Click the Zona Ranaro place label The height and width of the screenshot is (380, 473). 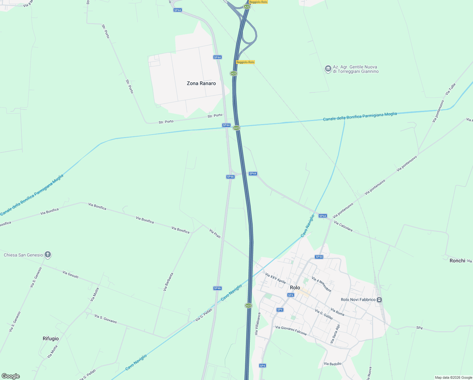click(x=201, y=83)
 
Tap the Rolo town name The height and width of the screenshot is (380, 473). click(x=295, y=288)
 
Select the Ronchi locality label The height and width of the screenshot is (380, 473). click(x=457, y=261)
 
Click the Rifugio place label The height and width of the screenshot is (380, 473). click(x=51, y=339)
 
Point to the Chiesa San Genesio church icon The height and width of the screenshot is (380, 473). click(x=48, y=255)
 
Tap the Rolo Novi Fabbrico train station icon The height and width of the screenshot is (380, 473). click(x=379, y=300)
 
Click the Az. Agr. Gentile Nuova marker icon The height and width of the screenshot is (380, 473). click(x=328, y=69)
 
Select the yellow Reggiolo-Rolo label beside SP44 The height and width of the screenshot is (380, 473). click(x=245, y=62)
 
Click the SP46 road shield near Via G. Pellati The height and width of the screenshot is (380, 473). click(x=218, y=288)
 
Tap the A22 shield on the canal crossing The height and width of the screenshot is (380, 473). click(x=236, y=128)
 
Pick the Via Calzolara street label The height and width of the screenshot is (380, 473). click(x=343, y=226)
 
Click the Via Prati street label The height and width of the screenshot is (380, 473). click(x=215, y=234)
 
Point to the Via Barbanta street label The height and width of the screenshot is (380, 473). click(x=168, y=282)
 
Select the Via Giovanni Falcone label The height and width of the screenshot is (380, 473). click(x=291, y=330)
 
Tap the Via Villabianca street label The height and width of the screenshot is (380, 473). click(x=258, y=324)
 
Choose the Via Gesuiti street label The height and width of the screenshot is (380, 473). click(x=71, y=275)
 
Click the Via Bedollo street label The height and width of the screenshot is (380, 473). click(x=332, y=364)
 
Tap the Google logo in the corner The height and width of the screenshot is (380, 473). click(x=10, y=376)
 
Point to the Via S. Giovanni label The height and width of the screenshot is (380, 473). click(x=106, y=319)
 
